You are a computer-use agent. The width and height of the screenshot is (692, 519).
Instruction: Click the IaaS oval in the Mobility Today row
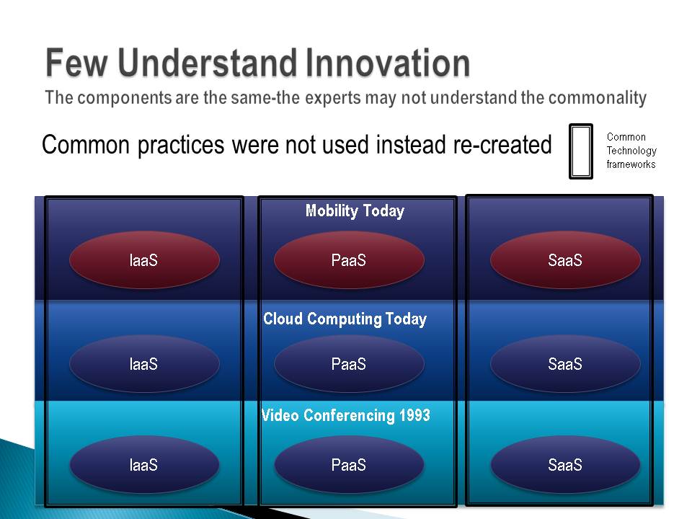click(x=144, y=260)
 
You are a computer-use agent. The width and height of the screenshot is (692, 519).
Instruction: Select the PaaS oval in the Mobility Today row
click(x=349, y=260)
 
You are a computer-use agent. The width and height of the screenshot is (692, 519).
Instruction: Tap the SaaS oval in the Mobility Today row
click(x=565, y=260)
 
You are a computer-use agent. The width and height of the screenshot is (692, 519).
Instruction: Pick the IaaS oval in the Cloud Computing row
click(x=144, y=364)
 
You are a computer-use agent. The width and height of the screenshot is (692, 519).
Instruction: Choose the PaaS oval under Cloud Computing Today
click(x=349, y=364)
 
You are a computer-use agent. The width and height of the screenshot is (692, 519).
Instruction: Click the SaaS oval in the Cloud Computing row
click(x=565, y=364)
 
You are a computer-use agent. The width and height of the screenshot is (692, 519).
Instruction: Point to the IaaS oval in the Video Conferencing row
click(x=144, y=465)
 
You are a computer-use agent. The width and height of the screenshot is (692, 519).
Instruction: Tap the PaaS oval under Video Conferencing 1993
click(x=349, y=465)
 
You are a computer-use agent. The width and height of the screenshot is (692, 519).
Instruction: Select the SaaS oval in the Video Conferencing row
click(x=565, y=465)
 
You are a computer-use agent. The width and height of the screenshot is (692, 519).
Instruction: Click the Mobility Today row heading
click(x=355, y=211)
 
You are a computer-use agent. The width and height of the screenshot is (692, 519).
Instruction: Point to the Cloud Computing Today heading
click(x=345, y=319)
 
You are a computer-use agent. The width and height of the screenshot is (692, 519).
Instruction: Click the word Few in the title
click(x=77, y=63)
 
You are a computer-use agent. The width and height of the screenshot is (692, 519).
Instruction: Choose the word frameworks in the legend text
click(x=631, y=164)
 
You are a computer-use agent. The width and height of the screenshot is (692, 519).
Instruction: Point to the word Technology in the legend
click(x=631, y=151)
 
